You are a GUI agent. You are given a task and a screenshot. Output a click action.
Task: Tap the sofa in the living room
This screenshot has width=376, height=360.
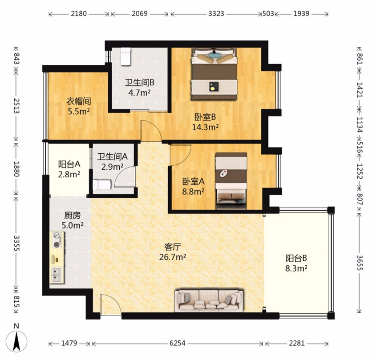pyautogui.click(x=209, y=300)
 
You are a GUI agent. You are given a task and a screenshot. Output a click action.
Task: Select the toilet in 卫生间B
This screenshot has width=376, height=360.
pyautogui.click(x=125, y=56)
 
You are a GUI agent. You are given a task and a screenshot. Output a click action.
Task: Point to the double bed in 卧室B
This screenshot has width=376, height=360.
pyautogui.click(x=214, y=74)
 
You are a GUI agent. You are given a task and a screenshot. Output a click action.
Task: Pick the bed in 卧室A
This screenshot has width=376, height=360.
pyautogui.click(x=231, y=180)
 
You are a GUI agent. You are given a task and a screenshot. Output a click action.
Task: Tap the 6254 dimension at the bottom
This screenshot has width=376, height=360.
pyautogui.click(x=177, y=343)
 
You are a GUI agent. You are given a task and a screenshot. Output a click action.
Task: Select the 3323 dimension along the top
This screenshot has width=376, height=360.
pyautogui.click(x=216, y=13)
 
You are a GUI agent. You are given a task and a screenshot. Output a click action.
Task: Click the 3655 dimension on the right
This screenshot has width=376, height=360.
pyautogui.click(x=359, y=263)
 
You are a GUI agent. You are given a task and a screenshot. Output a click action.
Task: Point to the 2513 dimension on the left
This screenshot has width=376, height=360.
pyautogui.click(x=16, y=105)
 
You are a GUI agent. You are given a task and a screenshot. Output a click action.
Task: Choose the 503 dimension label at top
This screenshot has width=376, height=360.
pyautogui.click(x=268, y=13)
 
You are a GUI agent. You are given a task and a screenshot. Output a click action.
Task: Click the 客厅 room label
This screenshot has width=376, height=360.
pyautogui.click(x=172, y=247)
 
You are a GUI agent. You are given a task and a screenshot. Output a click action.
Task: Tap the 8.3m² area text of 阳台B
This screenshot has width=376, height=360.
pyautogui.click(x=296, y=268)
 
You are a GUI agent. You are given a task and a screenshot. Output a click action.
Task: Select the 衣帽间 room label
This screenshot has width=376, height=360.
pyautogui.click(x=79, y=101)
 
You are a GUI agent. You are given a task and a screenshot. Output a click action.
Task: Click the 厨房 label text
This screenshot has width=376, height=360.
pyautogui.click(x=72, y=215)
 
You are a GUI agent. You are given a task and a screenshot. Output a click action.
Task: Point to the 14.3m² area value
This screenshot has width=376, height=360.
pyautogui.click(x=205, y=127)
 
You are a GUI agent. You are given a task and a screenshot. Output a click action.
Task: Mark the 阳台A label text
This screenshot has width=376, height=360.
pyautogui.click(x=69, y=164)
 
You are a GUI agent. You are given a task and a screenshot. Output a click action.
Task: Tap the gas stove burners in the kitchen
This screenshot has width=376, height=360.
pyautogui.click(x=57, y=240)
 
